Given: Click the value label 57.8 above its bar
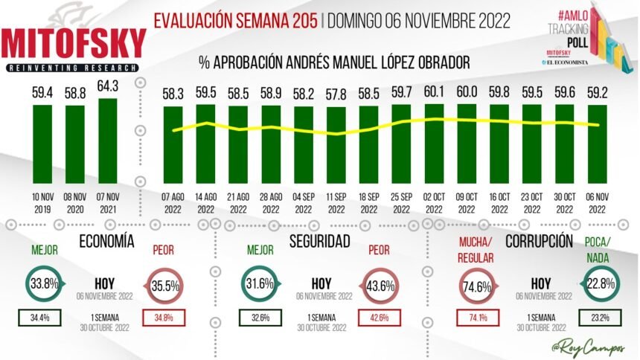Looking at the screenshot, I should tap(336, 95).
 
